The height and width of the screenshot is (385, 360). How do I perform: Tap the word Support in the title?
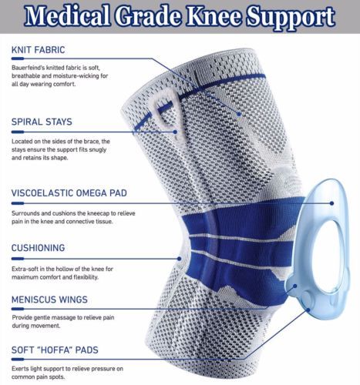point(291,18)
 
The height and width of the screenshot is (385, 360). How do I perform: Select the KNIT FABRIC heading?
point(38,50)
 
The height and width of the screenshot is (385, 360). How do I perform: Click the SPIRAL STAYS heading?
point(42,122)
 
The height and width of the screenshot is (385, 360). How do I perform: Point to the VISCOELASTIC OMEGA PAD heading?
point(69,193)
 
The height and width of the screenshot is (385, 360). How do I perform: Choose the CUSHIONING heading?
point(38,248)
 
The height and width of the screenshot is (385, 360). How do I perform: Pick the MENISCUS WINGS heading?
point(49,300)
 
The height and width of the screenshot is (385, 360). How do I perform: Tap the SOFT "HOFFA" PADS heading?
point(55,350)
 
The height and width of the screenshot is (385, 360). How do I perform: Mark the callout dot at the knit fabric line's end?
point(239,114)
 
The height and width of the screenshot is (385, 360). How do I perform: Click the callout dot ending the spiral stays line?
point(175,132)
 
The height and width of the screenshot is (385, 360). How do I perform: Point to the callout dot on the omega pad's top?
point(331,203)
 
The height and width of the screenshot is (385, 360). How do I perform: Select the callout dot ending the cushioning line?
point(180,259)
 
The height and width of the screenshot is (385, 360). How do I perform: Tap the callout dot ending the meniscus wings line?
point(295,286)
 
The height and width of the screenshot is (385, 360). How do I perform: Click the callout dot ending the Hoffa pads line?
point(308,310)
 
